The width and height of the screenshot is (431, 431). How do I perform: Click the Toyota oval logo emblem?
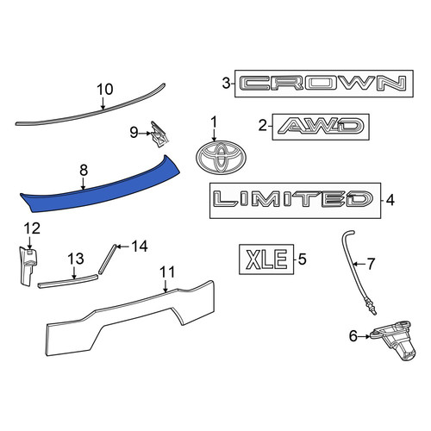tap(221, 158)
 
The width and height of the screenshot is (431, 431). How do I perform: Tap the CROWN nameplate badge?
tap(324, 84)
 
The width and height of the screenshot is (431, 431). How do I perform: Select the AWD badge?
tap(321, 127)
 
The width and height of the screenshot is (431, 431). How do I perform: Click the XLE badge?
tap(266, 259)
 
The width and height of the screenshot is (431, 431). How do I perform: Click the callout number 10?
tap(104, 90)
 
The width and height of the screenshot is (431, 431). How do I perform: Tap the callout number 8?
tap(84, 170)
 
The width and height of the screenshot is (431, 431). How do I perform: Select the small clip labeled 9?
tap(159, 134)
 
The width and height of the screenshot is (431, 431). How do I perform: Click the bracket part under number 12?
tap(28, 265)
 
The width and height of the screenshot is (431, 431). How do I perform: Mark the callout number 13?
tap(76, 259)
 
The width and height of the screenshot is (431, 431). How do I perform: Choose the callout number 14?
tap(140, 247)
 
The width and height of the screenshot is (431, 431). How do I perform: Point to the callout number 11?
tap(167, 272)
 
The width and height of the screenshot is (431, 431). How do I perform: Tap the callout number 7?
tap(372, 264)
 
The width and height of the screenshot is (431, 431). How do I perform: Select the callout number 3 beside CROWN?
tap(227, 84)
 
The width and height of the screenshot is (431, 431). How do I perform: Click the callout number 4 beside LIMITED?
tap(390, 200)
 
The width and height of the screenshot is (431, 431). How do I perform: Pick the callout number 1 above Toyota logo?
tap(214, 122)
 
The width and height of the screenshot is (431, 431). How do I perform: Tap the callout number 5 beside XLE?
tap(303, 259)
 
